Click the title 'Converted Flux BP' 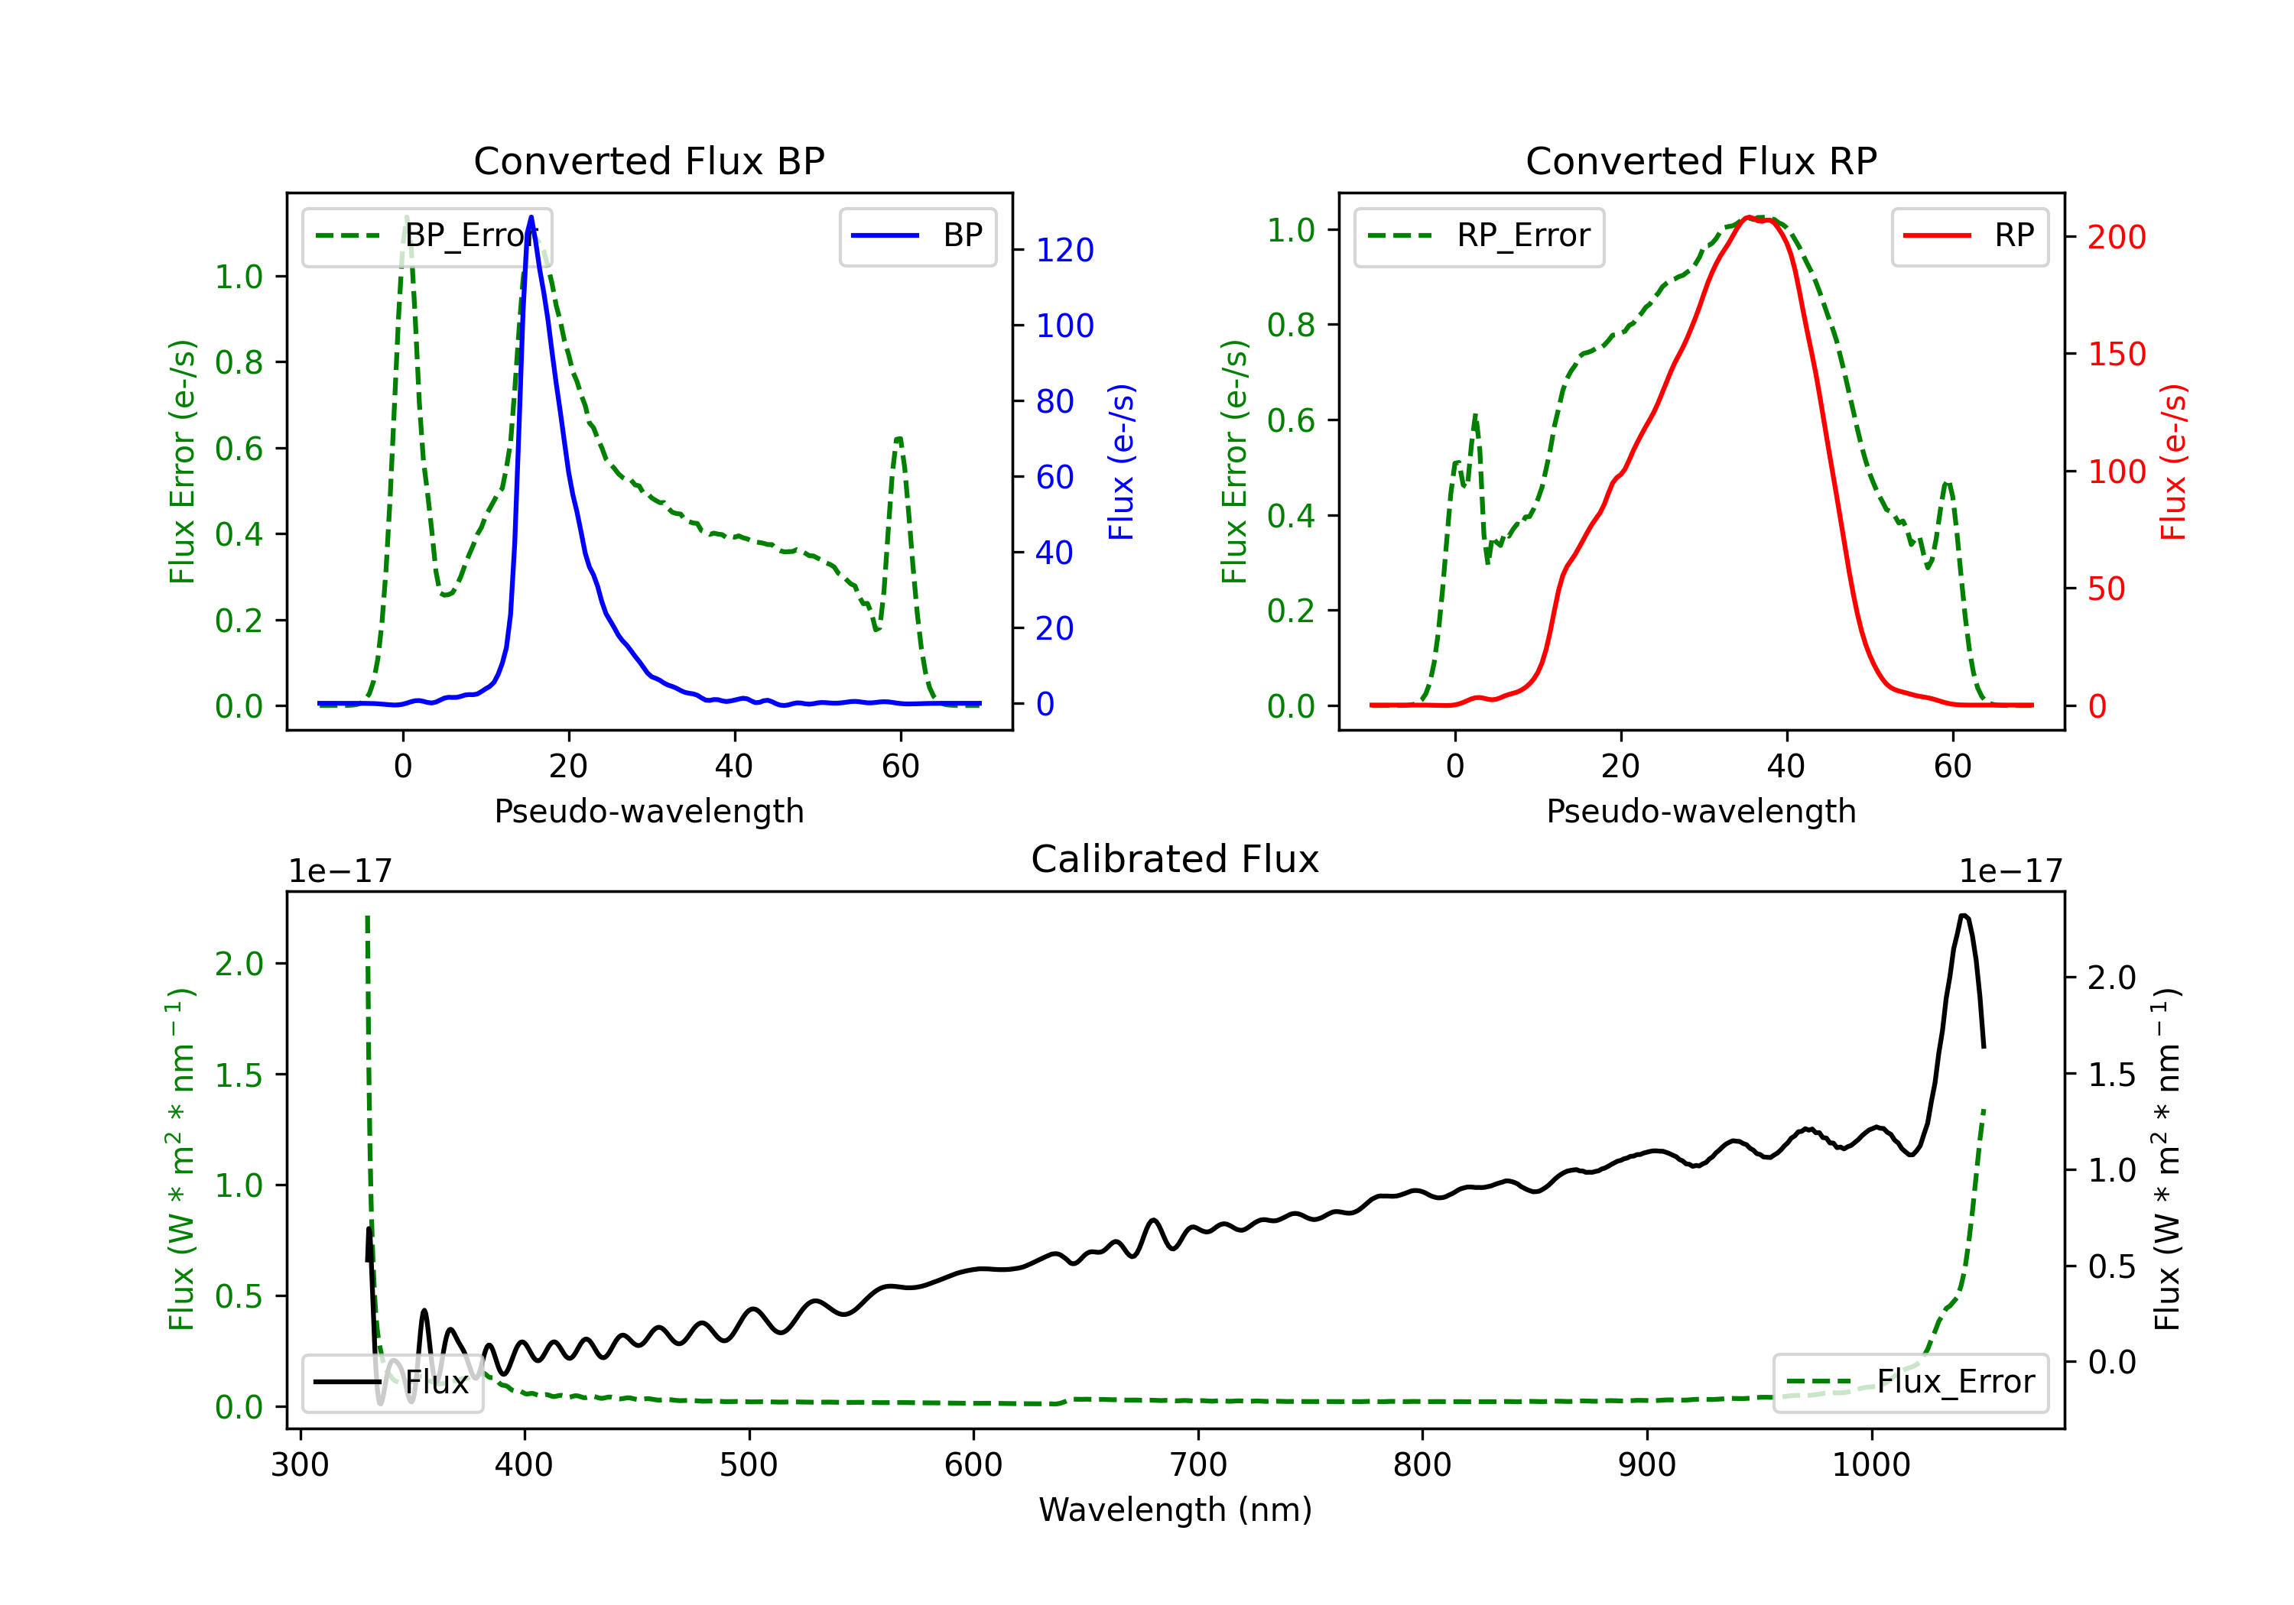648,160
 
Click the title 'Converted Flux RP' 1701,160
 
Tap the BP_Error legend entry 427,235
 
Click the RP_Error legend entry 1479,235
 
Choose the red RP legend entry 1969,235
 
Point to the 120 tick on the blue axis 1064,250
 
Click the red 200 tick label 2116,237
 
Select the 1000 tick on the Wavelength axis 1870,1465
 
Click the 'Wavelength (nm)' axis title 1175,1509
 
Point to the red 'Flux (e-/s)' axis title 2174,462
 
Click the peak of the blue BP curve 531,217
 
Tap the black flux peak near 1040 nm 1964,915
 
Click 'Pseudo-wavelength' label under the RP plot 1701,811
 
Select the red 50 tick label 2106,589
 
